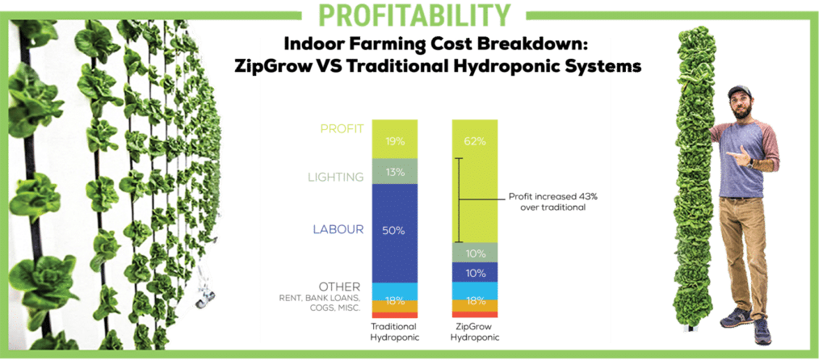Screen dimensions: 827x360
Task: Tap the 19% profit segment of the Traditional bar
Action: click(394, 139)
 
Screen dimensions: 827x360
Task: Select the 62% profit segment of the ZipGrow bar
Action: click(475, 181)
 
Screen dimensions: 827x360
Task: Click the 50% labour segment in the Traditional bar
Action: click(394, 233)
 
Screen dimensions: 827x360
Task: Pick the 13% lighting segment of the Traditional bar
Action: click(394, 171)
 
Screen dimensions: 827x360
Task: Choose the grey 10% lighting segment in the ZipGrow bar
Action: click(475, 253)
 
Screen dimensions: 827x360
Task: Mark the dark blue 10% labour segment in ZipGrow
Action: click(475, 273)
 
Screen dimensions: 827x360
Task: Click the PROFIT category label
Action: click(342, 128)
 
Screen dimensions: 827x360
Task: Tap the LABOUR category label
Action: click(338, 229)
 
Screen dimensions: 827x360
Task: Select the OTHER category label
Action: click(342, 287)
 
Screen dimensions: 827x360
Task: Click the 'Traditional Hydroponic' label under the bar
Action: click(395, 332)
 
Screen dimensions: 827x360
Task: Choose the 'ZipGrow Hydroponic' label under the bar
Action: click(475, 332)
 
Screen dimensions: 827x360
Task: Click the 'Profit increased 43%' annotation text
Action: click(552, 197)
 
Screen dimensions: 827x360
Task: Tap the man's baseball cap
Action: click(740, 90)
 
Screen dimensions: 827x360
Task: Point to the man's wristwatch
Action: click(749, 163)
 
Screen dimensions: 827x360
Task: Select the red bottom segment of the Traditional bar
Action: click(394, 315)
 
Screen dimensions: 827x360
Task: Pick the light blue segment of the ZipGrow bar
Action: click(475, 291)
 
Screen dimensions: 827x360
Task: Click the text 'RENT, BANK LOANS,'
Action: click(320, 299)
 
